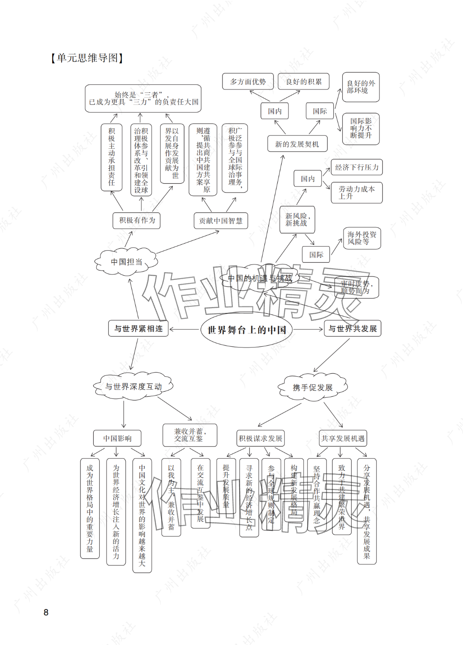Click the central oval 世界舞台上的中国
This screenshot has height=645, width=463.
coord(246,330)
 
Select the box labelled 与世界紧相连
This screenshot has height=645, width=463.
coord(138,329)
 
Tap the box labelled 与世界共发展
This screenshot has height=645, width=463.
coord(353,329)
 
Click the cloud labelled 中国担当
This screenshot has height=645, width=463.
coord(126,262)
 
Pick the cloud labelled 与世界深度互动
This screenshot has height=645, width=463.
coord(134,386)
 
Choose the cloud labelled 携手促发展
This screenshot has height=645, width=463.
coord(312,387)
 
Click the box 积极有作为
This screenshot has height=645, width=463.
coord(137,220)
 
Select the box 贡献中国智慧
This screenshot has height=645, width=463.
coord(221,221)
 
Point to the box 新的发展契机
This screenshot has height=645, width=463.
coord(297,144)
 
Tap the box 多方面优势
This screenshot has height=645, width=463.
coord(248,82)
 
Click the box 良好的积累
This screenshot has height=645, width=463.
coord(303,82)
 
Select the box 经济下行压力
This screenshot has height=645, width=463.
coord(356,167)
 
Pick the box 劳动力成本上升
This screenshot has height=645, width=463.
coord(356,193)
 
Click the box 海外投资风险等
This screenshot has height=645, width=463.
coord(362,238)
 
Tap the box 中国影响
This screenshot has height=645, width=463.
coord(117,438)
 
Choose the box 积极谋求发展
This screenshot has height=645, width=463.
coord(261,438)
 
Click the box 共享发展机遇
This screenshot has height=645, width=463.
coord(343,438)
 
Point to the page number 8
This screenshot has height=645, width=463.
coord(46,612)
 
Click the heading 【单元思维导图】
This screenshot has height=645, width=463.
coord(87,58)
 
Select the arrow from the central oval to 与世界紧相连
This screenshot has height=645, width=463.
coord(185,329)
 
